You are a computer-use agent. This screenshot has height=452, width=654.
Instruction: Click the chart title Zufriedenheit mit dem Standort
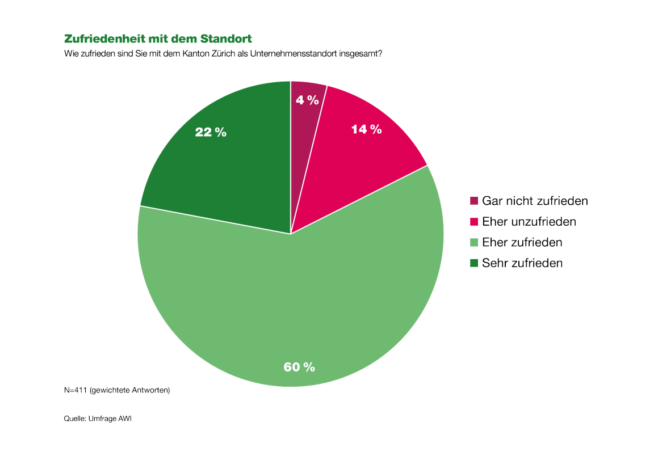coord(158,39)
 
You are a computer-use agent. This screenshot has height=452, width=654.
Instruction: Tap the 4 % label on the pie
coord(307,100)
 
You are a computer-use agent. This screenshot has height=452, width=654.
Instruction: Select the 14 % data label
coord(366,129)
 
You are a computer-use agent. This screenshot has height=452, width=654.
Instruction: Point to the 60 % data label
coord(299,367)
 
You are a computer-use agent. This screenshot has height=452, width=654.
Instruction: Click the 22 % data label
coord(211,132)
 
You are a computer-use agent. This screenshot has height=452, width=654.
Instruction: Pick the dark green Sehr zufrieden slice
coord(227,170)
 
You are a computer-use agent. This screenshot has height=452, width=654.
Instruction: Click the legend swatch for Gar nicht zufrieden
coord(474,201)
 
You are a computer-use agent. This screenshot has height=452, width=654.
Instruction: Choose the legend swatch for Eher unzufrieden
coord(474,222)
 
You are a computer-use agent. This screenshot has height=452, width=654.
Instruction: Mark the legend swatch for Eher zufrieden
coord(474,243)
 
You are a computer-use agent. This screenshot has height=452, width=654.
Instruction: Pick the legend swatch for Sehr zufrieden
coord(474,263)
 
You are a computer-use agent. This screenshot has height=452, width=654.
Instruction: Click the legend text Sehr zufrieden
coord(522,263)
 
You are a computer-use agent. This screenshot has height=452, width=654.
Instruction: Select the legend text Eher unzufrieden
coord(529,222)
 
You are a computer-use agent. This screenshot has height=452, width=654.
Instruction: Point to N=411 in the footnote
coord(75,390)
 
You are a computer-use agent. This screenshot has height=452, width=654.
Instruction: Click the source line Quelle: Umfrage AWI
coord(97,419)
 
